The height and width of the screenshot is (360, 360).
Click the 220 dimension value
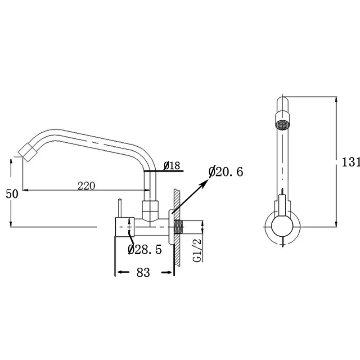(x=86, y=186)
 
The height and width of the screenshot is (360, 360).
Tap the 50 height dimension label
(x=12, y=194)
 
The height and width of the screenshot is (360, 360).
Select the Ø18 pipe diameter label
(x=172, y=166)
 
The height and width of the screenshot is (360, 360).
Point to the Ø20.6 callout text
(x=226, y=171)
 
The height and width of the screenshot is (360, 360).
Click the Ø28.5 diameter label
(x=145, y=249)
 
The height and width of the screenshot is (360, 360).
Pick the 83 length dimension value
(x=143, y=273)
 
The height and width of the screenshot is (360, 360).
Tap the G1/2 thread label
(x=197, y=250)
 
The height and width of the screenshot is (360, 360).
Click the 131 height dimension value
(x=351, y=162)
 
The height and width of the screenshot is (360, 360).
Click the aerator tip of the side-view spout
(x=28, y=152)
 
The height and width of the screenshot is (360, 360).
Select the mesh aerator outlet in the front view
(x=283, y=125)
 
